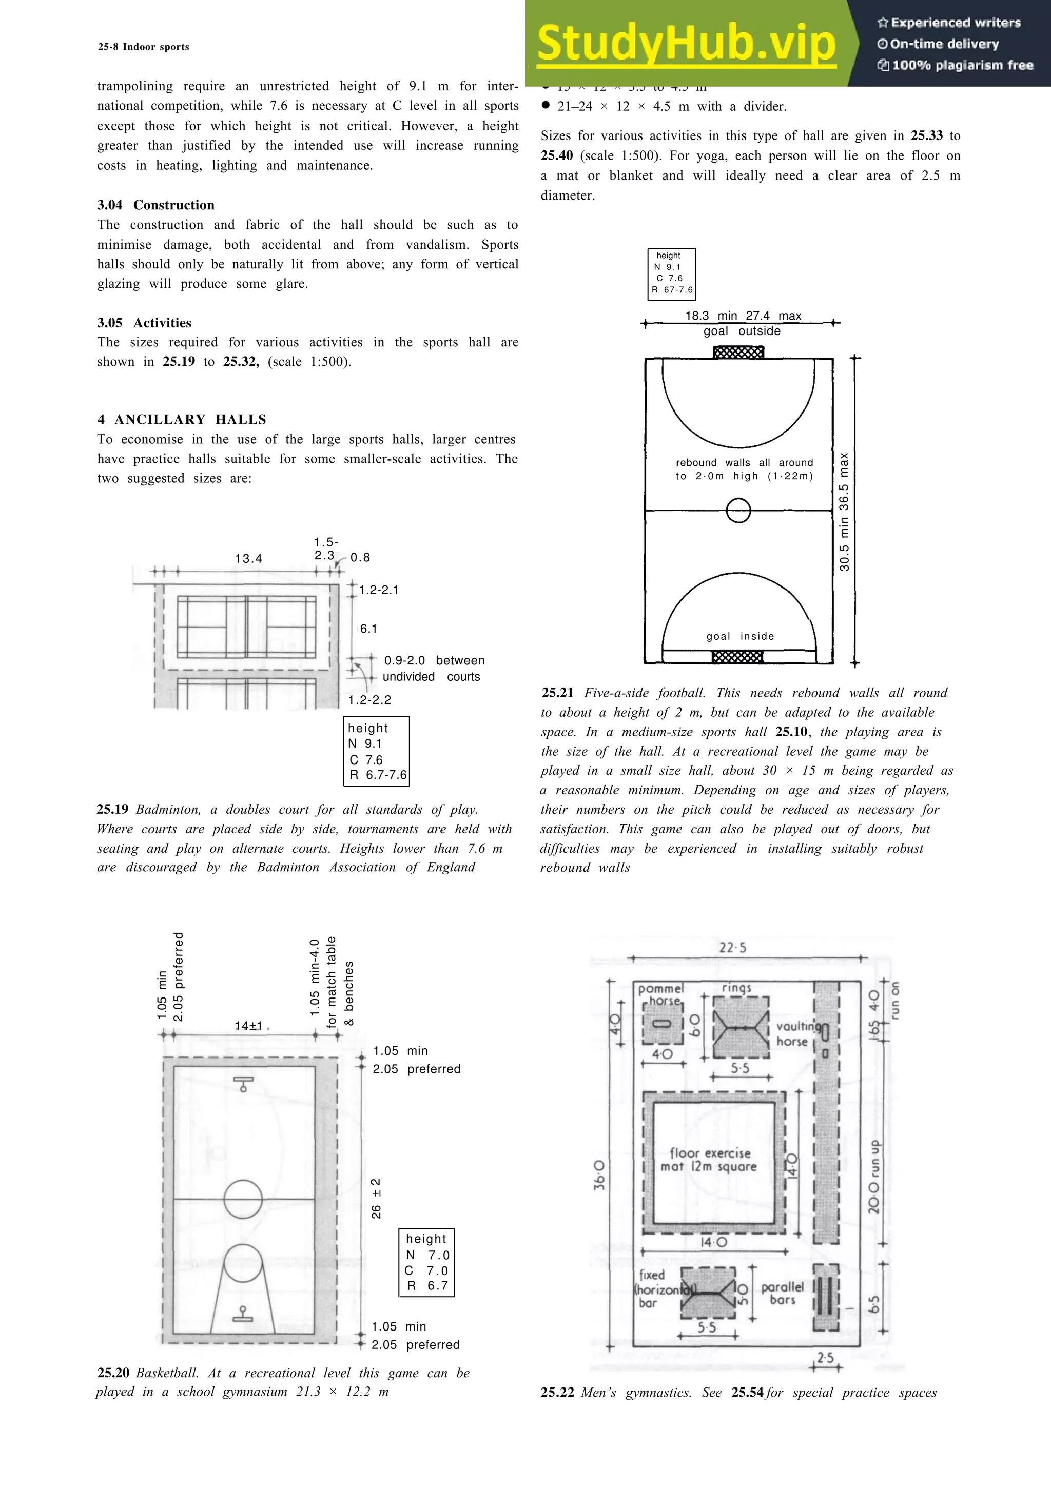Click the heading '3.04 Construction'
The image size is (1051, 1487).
pyautogui.click(x=155, y=205)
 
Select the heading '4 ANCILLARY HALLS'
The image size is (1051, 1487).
pyautogui.click(x=182, y=419)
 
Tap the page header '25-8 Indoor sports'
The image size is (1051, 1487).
pyautogui.click(x=144, y=47)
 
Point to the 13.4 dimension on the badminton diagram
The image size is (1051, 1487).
pyautogui.click(x=249, y=558)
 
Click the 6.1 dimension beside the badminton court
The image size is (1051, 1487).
pyautogui.click(x=368, y=628)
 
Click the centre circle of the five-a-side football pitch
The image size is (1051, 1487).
pyautogui.click(x=738, y=511)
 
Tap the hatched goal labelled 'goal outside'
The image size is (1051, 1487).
pyautogui.click(x=738, y=353)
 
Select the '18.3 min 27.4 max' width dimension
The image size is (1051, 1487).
pyautogui.click(x=743, y=316)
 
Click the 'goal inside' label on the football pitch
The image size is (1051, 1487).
pyautogui.click(x=740, y=636)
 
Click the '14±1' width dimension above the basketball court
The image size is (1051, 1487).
pyautogui.click(x=249, y=1026)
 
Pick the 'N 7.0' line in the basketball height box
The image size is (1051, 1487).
pyautogui.click(x=427, y=1255)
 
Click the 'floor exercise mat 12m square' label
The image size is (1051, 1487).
pyautogui.click(x=710, y=1159)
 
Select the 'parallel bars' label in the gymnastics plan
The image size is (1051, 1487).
pyautogui.click(x=782, y=1293)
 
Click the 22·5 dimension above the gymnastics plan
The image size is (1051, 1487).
pyautogui.click(x=732, y=948)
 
